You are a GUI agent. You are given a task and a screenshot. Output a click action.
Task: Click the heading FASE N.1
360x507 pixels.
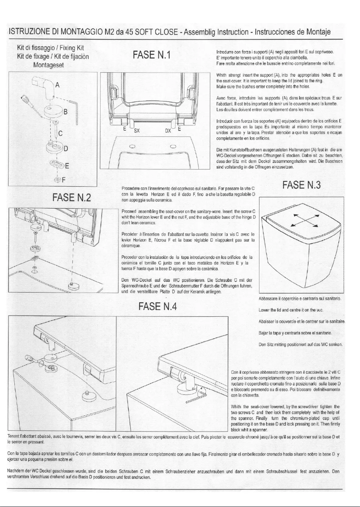click(153, 56)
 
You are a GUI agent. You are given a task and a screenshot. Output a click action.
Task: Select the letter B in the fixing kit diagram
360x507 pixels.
click(65, 112)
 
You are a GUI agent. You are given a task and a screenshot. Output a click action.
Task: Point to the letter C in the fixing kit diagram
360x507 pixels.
click(60, 133)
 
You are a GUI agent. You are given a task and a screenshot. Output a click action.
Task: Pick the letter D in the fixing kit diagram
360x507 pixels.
click(66, 149)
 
